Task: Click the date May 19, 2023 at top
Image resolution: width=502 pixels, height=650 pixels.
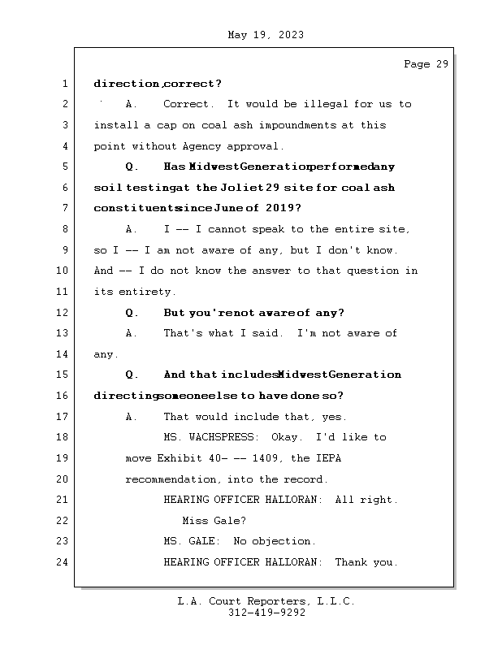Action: pos(266,35)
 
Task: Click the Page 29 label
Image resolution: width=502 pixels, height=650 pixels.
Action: pos(426,64)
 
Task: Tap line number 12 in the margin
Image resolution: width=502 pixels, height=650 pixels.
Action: pos(65,313)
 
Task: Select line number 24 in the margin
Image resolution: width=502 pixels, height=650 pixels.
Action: pos(65,562)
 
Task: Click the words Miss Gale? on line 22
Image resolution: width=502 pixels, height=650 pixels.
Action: pos(214,521)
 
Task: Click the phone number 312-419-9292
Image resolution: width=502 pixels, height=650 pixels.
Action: pos(266,613)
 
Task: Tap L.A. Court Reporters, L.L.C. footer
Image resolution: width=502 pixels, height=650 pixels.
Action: pos(266,602)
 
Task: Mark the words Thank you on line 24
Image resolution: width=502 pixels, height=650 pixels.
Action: pos(366,562)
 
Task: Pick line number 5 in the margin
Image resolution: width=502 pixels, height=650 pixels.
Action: pos(65,167)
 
